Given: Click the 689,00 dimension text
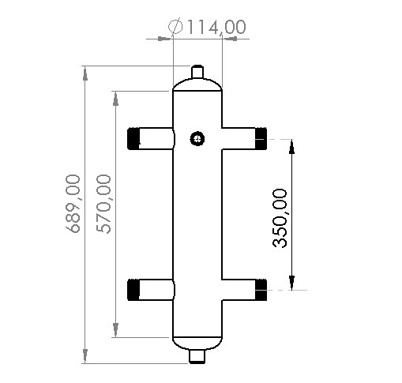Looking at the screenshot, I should pos(74,204).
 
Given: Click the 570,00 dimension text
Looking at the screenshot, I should pos(103,204).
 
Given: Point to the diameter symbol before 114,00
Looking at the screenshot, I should pos(177,26).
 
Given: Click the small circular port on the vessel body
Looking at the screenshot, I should pos(197,139).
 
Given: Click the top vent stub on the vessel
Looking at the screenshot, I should pos(197,70).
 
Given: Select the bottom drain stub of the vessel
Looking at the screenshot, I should pos(197,357).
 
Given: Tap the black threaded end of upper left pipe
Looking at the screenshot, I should pos(133,138).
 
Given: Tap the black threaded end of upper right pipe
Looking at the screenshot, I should pos(261,138).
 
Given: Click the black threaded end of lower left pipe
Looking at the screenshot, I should pos(133,290).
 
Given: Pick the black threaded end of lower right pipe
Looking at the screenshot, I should pos(261,290).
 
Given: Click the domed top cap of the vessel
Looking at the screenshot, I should pos(197,83).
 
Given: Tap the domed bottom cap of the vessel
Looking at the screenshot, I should pos(197,344).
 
